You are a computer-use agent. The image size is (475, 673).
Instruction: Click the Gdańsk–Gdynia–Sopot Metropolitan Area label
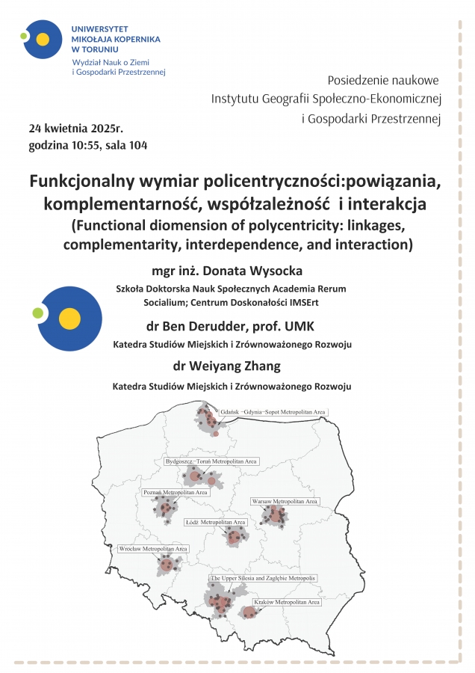coord(273,412)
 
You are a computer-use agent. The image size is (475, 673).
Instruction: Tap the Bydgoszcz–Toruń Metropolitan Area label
coord(212,462)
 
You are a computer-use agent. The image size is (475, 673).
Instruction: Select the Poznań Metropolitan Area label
coord(176,493)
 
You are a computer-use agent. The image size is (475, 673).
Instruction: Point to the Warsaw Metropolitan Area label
coord(285,500)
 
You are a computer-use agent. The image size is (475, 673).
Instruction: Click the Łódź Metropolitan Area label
coord(215,522)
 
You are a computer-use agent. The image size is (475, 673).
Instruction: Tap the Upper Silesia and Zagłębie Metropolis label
coord(263,579)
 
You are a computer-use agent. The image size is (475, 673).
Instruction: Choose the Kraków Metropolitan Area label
coord(287,602)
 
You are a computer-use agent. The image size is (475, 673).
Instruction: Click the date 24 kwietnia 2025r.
coord(78,128)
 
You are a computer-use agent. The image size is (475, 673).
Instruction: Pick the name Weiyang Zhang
coord(250,366)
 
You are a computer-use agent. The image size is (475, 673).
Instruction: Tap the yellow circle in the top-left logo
coord(43,40)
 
